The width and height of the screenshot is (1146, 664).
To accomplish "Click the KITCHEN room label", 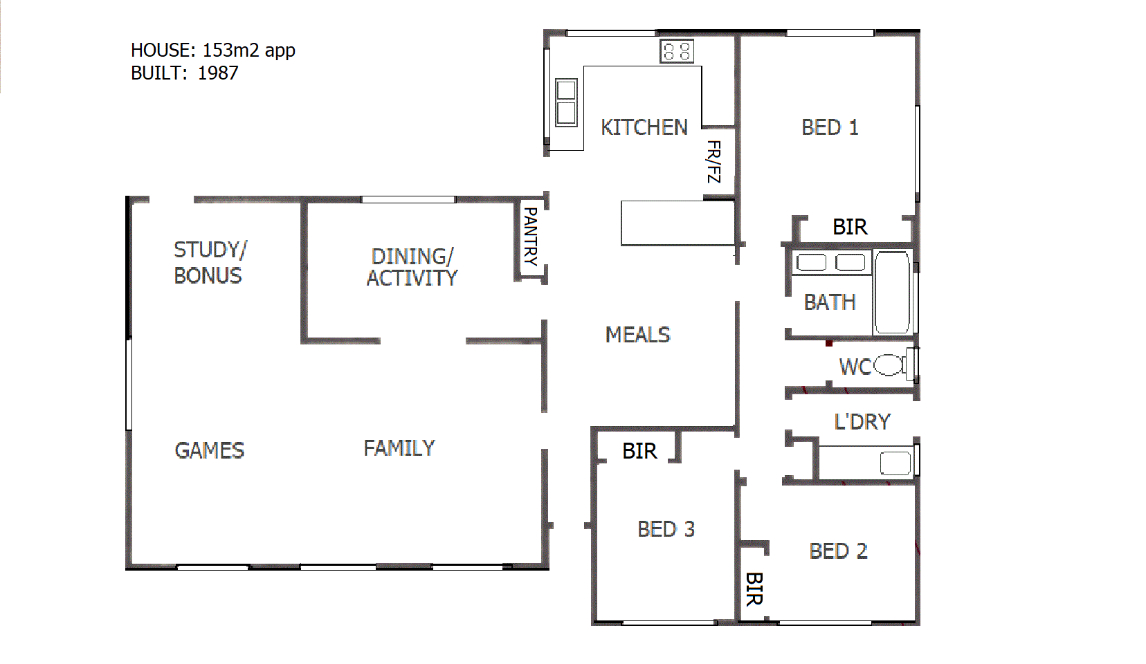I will point(644,128).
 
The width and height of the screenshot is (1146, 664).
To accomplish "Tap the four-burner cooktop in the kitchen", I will point(676,51).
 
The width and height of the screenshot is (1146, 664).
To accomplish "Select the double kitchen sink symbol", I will point(566,102).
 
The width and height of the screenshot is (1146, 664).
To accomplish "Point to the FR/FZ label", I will point(713,162).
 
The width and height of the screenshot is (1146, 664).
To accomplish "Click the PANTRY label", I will point(530,237).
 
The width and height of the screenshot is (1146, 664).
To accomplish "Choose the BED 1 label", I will point(830,128).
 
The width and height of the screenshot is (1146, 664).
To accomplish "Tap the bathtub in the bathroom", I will point(892,293).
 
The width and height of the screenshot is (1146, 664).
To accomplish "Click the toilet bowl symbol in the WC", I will point(889,365).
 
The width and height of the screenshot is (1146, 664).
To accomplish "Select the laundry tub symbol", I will point(895,463).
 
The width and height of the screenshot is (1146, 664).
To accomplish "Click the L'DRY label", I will point(862,422).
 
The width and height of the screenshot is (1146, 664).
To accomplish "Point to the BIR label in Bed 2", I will point(754,589).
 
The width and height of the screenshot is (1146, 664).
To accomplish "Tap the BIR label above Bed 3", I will point(639,451).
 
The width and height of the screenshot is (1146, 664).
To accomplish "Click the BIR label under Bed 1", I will point(850,227).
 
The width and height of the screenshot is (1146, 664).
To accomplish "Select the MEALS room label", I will point(637,335).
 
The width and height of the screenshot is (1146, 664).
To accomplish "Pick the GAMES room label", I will point(210,451).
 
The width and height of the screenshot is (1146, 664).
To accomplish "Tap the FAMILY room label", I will point(399,448).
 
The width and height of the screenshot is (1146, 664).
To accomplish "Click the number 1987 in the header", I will point(218,73).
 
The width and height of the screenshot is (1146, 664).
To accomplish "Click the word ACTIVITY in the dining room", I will point(412,278).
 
